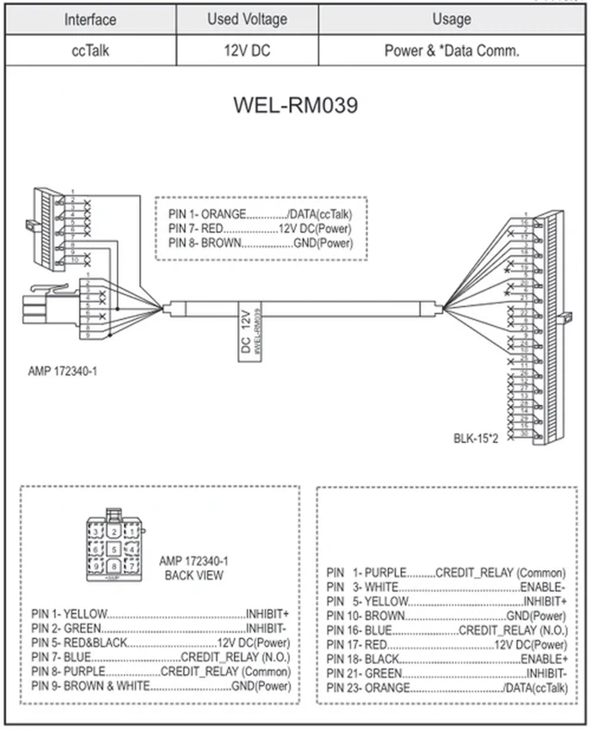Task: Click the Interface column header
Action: click(x=90, y=19)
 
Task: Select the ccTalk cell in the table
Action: click(x=90, y=51)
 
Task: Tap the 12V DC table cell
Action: click(x=247, y=51)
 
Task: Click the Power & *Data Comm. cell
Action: click(x=452, y=51)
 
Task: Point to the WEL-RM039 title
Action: click(x=295, y=105)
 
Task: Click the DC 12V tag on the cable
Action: click(x=249, y=332)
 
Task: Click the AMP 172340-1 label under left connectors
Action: click(x=63, y=371)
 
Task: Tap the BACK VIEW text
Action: click(x=194, y=575)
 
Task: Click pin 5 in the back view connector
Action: click(x=114, y=549)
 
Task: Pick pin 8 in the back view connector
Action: click(x=114, y=566)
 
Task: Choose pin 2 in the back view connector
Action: click(x=114, y=532)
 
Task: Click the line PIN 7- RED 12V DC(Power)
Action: click(x=260, y=229)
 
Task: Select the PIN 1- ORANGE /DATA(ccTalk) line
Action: click(x=260, y=214)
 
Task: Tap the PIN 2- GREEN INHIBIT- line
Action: click(x=159, y=628)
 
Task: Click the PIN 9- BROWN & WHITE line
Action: click(x=161, y=686)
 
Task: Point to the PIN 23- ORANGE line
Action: click(x=447, y=688)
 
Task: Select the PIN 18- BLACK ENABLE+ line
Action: click(x=447, y=659)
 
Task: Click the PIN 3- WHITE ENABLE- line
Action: click(x=446, y=587)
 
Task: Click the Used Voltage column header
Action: click(x=247, y=19)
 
